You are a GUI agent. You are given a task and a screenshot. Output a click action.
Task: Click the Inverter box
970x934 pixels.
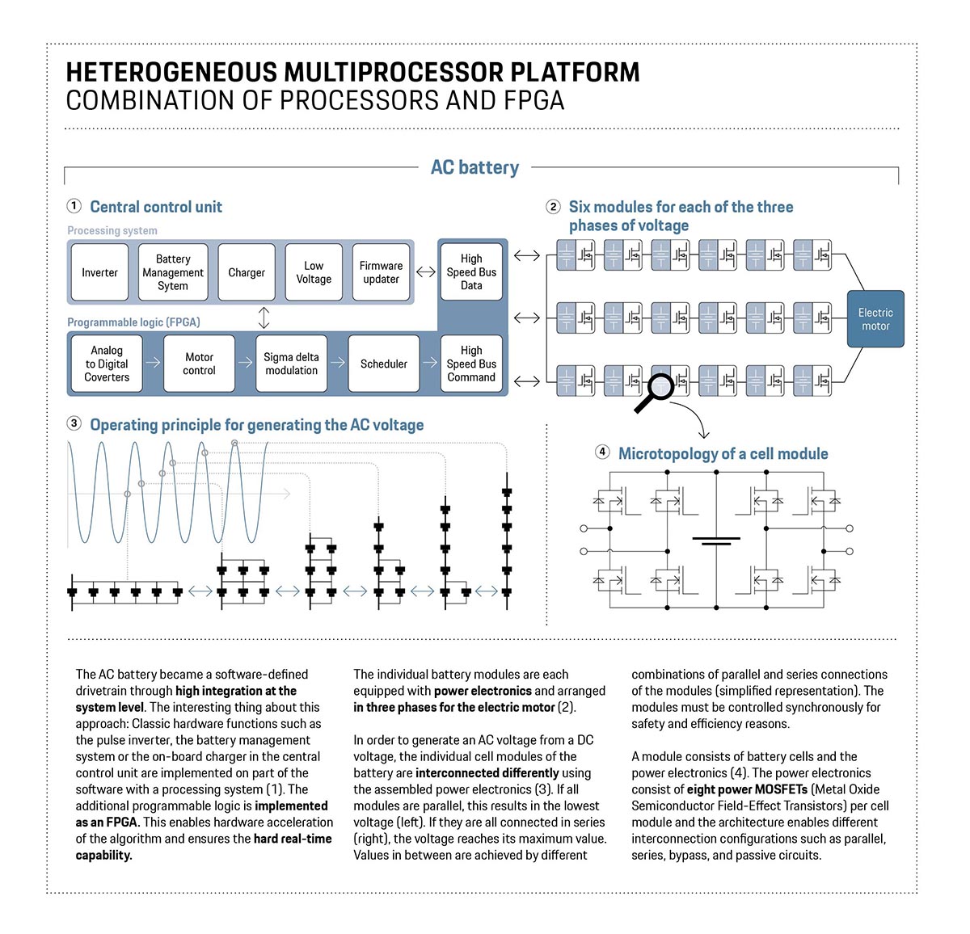tap(99, 273)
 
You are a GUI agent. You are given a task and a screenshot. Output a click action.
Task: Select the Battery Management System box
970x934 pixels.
tap(173, 273)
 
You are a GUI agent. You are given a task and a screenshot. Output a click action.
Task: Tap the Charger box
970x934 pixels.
tap(247, 273)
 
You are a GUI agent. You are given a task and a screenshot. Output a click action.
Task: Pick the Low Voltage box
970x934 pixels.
tap(314, 273)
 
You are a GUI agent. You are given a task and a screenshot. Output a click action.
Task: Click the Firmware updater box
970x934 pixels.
tap(381, 273)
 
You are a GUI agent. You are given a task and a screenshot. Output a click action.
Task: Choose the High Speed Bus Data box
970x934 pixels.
tap(471, 272)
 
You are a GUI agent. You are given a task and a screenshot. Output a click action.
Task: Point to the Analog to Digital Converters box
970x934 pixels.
tap(107, 364)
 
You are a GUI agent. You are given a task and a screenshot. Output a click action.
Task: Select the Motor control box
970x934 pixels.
tap(199, 364)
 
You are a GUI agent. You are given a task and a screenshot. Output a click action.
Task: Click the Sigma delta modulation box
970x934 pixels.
tap(291, 364)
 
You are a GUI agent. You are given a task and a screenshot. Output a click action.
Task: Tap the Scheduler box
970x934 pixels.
tap(384, 364)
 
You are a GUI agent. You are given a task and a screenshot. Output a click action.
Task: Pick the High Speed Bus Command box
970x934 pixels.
tap(471, 364)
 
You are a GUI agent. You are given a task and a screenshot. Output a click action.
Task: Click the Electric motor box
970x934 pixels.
tap(875, 319)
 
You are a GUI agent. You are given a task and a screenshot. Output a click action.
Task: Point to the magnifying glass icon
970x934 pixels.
tap(656, 391)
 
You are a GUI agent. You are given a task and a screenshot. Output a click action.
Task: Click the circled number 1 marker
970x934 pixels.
tap(74, 206)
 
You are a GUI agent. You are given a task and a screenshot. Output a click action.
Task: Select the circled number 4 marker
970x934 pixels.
tap(602, 452)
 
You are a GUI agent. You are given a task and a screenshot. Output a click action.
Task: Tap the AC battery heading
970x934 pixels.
tap(474, 167)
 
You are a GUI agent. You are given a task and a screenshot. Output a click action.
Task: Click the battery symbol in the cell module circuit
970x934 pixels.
tap(716, 541)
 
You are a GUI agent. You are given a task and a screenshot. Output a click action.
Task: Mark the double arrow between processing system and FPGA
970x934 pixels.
tap(264, 318)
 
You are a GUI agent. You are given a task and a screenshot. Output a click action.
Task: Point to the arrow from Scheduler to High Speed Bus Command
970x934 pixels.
tap(430, 364)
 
